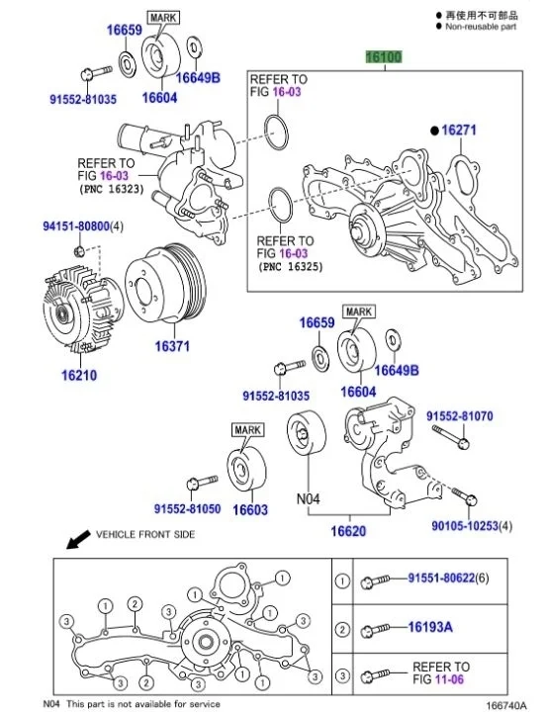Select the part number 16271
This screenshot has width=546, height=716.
pyautogui.click(x=459, y=130)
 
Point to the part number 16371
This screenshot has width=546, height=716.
pyautogui.click(x=171, y=347)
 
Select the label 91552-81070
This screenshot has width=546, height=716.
pyautogui.click(x=459, y=416)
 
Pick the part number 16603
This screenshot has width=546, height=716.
pyautogui.click(x=250, y=510)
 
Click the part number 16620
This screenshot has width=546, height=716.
pyautogui.click(x=347, y=531)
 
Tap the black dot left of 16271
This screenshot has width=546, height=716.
pyautogui.click(x=432, y=130)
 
